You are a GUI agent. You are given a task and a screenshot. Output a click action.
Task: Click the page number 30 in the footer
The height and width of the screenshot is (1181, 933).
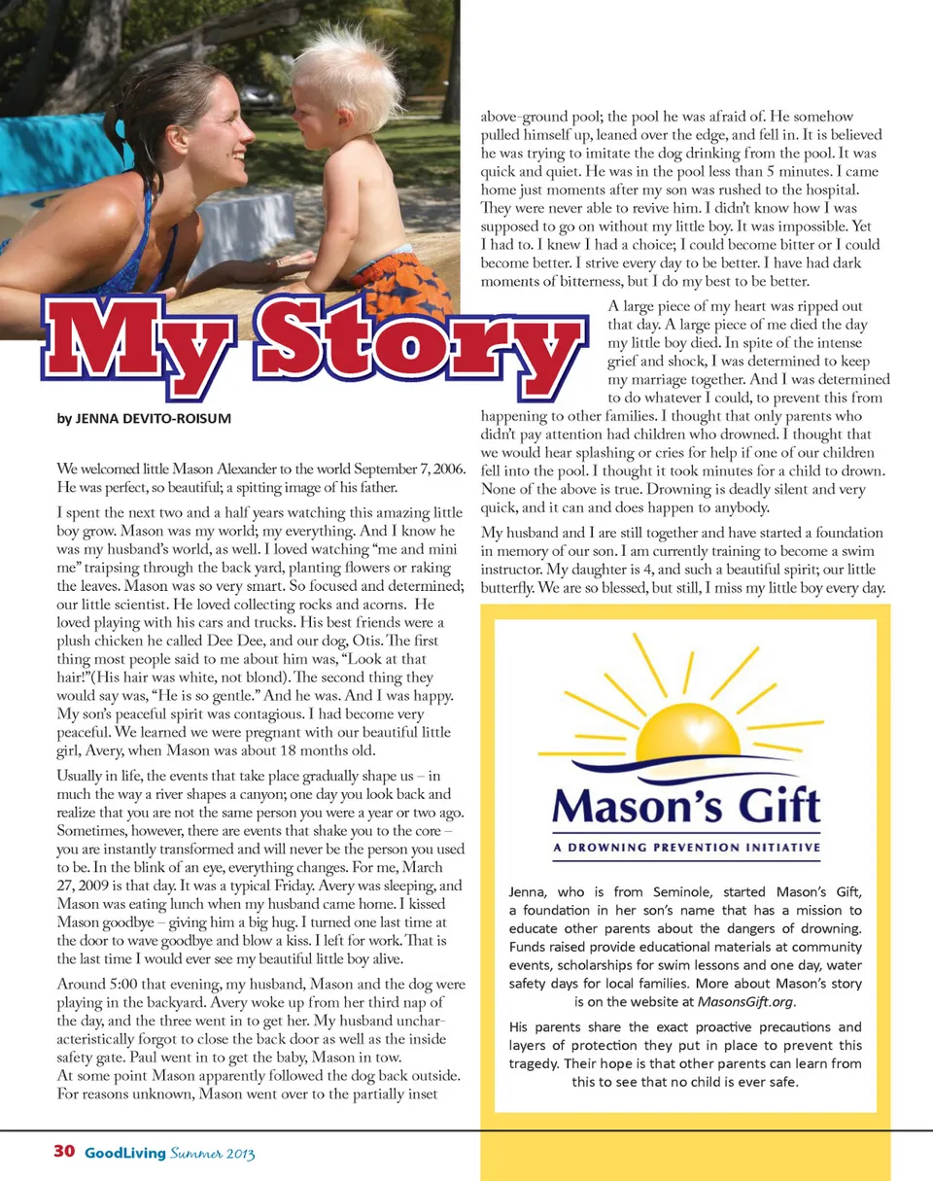coord(64,1152)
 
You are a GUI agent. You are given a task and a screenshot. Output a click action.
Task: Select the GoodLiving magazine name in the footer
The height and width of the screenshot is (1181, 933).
coord(123,1153)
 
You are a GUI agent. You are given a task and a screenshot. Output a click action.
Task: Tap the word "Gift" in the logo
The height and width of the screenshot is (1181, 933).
coord(772,805)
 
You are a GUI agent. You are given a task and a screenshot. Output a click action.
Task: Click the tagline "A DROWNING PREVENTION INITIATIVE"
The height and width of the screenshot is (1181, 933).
coord(686,848)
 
